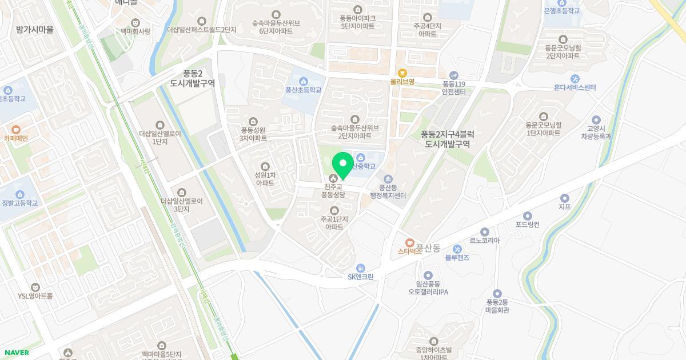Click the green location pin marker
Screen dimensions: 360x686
pyautogui.click(x=343, y=165)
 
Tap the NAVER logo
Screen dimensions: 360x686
pyautogui.click(x=16, y=353)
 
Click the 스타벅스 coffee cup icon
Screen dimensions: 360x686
pyautogui.click(x=409, y=243)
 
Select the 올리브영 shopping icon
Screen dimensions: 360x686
pyautogui.click(x=402, y=73)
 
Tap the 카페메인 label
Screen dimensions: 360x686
pyautogui.click(x=15, y=138)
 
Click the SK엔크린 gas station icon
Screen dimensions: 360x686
pyautogui.click(x=361, y=268)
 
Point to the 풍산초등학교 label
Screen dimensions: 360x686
pyautogui.click(x=304, y=90)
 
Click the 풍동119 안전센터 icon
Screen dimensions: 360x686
pyautogui.click(x=454, y=75)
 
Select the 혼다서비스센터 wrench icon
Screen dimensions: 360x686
pyautogui.click(x=575, y=79)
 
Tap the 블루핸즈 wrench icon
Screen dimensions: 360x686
pyautogui.click(x=457, y=249)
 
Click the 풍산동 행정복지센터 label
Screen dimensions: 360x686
pyautogui.click(x=388, y=191)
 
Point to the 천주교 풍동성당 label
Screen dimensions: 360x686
pyautogui.click(x=333, y=191)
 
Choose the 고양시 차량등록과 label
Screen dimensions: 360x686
pyautogui.click(x=596, y=133)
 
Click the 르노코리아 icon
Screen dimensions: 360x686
pyautogui.click(x=485, y=232)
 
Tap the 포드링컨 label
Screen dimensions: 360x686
pyautogui.click(x=527, y=225)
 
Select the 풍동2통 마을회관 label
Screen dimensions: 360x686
pyautogui.click(x=497, y=306)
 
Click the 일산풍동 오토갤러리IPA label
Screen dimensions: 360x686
pyautogui.click(x=428, y=288)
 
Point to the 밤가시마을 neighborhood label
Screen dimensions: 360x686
pyautogui.click(x=35, y=30)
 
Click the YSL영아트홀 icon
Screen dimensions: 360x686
pyautogui.click(x=35, y=287)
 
